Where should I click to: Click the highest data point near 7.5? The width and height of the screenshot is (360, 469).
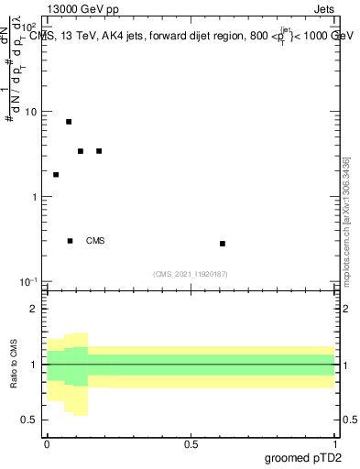click(69, 122)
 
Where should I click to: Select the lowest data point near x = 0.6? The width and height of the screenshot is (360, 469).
click(223, 244)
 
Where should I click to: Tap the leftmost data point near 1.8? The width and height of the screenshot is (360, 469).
click(56, 175)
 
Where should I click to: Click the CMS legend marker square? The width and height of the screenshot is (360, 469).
click(71, 241)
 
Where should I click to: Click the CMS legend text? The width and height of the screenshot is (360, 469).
click(95, 242)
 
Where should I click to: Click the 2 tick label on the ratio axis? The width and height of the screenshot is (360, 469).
click(35, 310)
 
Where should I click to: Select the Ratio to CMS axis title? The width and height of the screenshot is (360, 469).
click(14, 365)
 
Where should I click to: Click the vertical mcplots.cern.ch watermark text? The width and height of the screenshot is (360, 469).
click(346, 220)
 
